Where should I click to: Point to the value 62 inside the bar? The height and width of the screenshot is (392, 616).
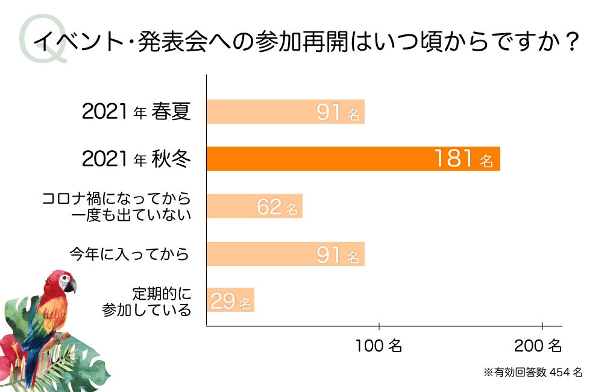pos(269,207)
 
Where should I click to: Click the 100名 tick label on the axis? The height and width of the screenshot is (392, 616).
pos(379,346)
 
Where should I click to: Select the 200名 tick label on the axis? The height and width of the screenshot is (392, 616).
pos(538,346)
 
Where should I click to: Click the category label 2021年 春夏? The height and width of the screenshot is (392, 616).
pos(136,112)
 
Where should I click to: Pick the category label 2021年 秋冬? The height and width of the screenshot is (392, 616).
pos(136,159)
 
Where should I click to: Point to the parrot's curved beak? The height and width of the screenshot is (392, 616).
pos(71,285)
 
